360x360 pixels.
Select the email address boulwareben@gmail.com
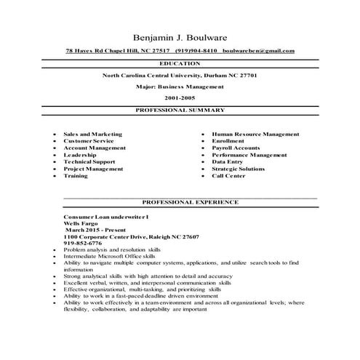(x=258, y=51)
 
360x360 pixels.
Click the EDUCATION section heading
(x=180, y=64)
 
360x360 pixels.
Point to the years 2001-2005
(x=180, y=97)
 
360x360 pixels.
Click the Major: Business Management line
(x=180, y=86)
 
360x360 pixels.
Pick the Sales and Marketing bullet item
(x=92, y=135)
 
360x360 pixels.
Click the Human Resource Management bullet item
(x=255, y=135)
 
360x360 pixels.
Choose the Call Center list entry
(x=228, y=175)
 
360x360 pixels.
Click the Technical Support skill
(x=89, y=161)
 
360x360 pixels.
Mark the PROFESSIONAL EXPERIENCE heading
(x=190, y=201)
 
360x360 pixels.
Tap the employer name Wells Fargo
(x=81, y=224)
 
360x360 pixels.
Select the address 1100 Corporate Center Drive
(x=109, y=237)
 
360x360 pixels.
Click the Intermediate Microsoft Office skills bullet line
(x=110, y=257)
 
